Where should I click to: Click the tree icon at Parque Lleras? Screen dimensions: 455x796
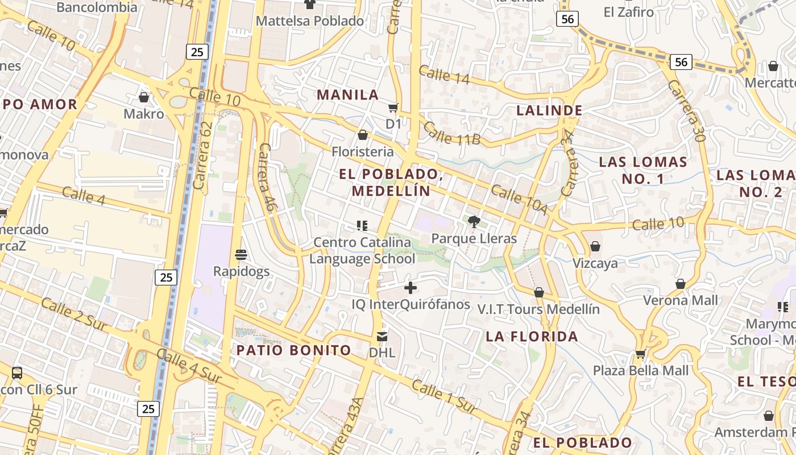pos(474,222)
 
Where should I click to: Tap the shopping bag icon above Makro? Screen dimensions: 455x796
pos(144,97)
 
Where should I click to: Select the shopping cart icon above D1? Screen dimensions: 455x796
pos(393,107)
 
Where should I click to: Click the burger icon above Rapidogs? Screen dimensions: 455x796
pos(241,254)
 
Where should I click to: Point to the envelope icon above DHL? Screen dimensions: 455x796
pos(382,337)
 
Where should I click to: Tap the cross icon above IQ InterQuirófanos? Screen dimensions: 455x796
pos(410,288)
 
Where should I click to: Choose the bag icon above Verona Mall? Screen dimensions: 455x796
pos(680,284)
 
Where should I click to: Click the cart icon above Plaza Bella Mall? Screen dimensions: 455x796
pos(640,354)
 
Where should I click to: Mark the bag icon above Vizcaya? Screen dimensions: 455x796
pos(595,246)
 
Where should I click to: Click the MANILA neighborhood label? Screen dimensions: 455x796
pos(347,95)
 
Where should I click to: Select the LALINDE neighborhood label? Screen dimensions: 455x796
pos(549,110)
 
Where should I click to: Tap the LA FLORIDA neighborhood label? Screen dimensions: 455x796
pos(532,336)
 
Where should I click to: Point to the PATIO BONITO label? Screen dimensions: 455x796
pos(293,350)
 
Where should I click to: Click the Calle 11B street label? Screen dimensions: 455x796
pos(453,133)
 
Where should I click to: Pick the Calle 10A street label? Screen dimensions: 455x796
pos(519,200)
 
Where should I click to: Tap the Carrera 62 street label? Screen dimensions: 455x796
pos(202,155)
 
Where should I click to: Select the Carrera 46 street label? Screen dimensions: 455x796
pos(267,177)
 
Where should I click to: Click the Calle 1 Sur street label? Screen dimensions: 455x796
pos(444,397)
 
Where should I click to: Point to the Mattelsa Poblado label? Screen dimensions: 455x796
pos(310,21)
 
